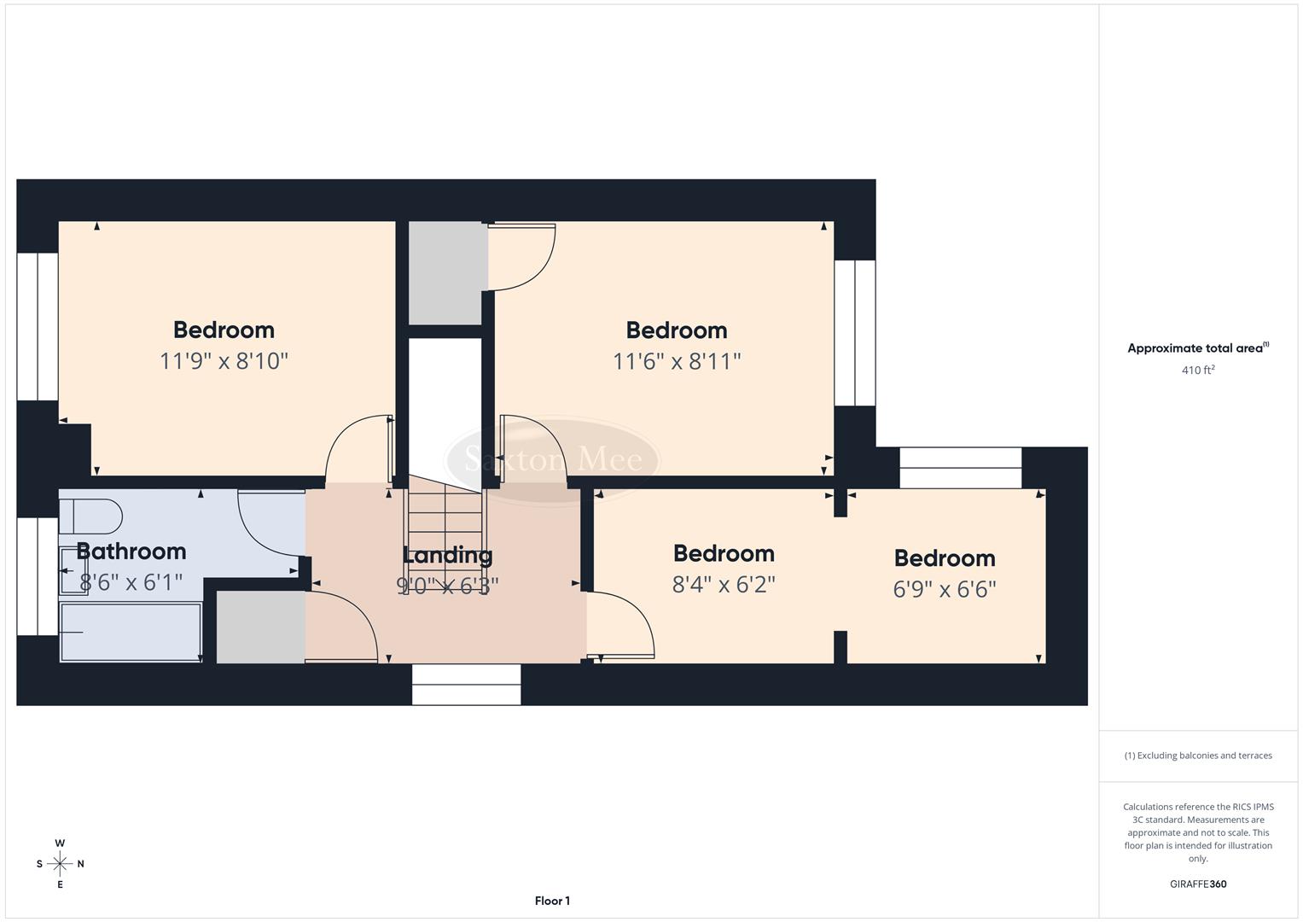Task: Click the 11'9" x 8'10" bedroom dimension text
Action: point(224,361)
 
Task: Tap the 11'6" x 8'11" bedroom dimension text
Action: point(677,361)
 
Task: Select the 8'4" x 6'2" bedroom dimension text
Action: point(724,585)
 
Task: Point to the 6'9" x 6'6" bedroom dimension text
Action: point(945,589)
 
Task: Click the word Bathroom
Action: point(131,551)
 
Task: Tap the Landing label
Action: point(447,555)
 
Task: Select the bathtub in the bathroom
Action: point(131,632)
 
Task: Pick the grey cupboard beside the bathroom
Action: point(260,627)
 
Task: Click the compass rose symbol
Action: point(60,864)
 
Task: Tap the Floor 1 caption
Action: point(552,901)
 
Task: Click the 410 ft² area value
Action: point(1198,370)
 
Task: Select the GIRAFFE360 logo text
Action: point(1198,884)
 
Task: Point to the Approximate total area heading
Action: point(1197,347)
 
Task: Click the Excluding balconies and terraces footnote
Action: point(1198,756)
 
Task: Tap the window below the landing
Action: point(466,685)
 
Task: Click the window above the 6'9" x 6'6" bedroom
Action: point(961,468)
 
